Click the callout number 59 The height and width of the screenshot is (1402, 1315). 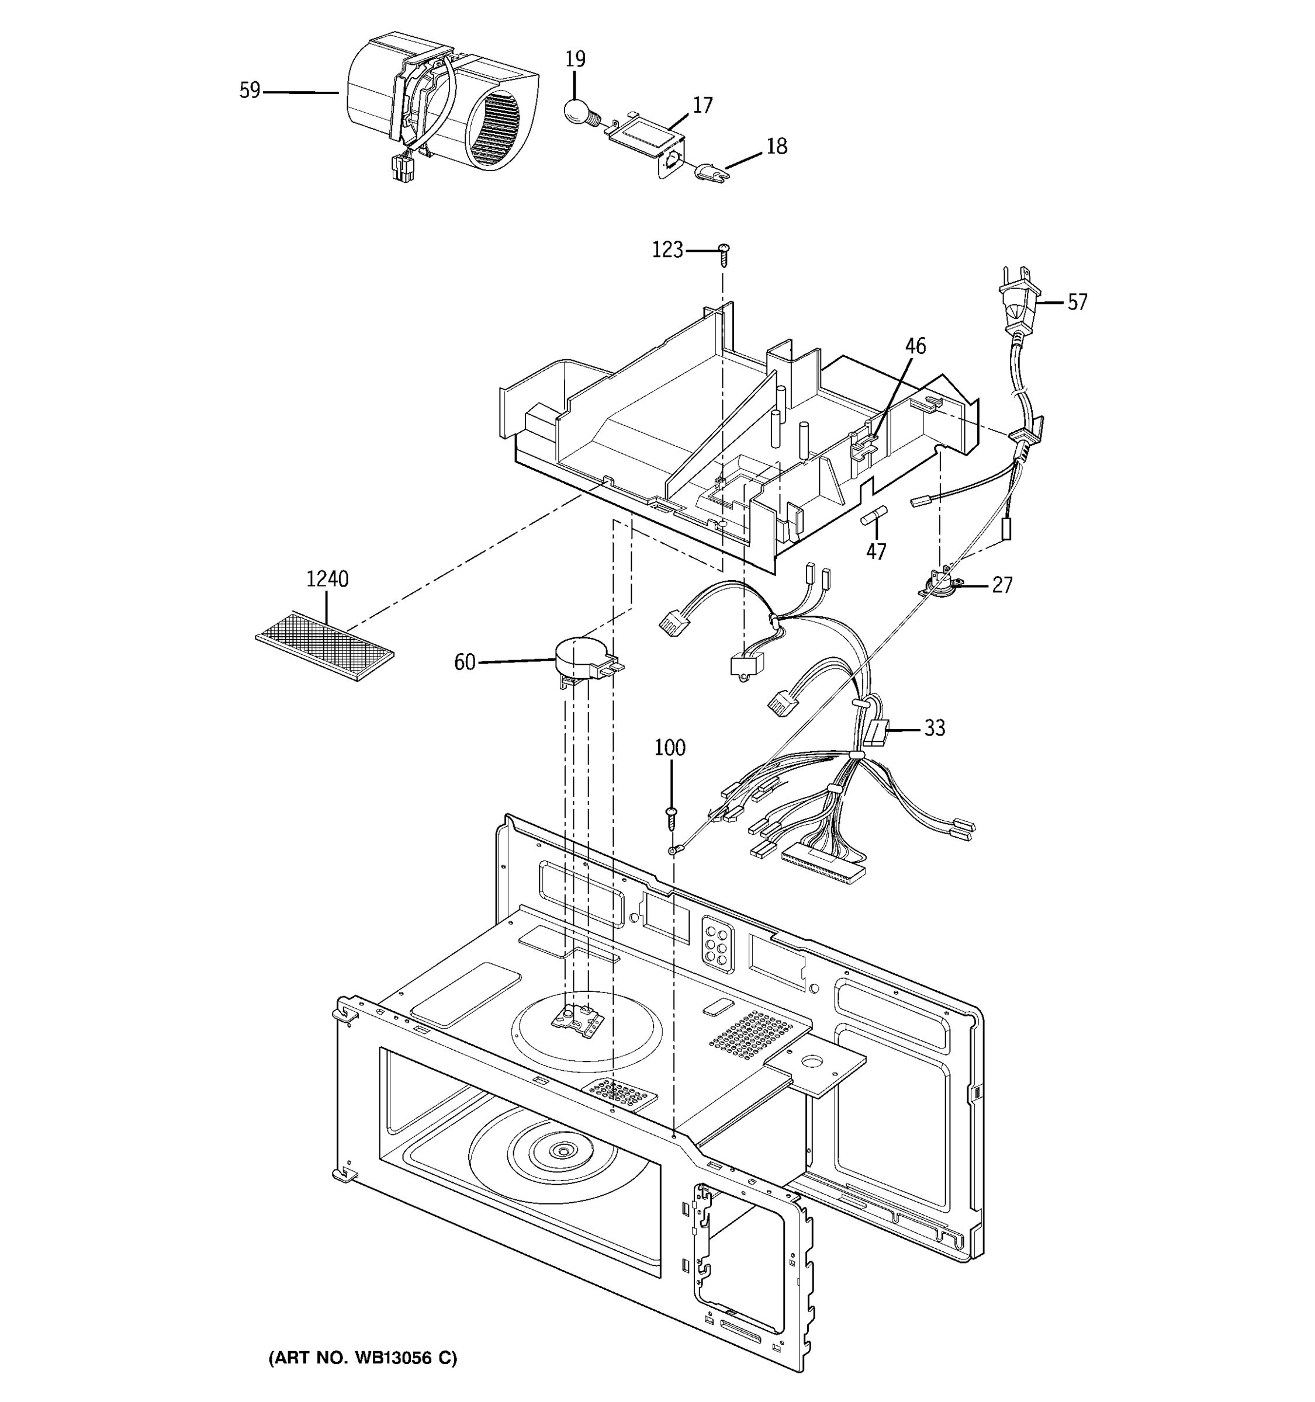tap(250, 91)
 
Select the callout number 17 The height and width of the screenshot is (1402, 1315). tap(702, 105)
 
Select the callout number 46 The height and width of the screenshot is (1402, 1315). tap(915, 346)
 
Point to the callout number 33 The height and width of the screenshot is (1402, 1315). tap(934, 728)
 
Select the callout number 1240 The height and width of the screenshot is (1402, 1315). tap(327, 579)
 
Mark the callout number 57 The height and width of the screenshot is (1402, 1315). tap(1077, 302)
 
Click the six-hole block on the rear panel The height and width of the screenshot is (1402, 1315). tap(717, 941)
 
